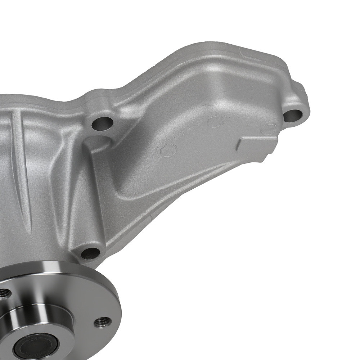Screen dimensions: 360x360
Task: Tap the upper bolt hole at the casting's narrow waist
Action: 102,124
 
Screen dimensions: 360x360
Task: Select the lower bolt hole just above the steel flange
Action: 90,253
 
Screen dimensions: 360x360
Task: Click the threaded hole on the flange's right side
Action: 102,322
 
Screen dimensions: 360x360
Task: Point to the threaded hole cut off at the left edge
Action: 4,293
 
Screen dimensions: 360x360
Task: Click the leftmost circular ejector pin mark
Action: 168,150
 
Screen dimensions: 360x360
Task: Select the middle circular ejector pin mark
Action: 216,121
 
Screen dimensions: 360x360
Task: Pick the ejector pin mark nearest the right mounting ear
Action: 269,129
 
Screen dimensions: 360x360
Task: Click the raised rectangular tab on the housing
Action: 256,144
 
